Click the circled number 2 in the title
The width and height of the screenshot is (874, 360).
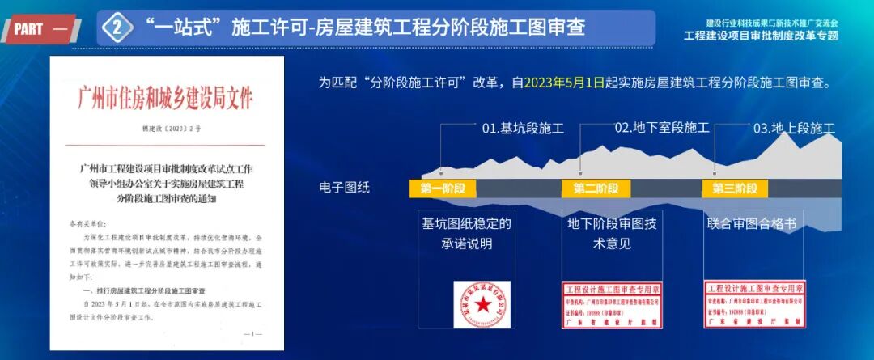point(118,28)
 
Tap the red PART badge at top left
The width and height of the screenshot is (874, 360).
point(40,29)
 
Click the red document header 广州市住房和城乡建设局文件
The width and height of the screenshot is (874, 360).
point(165,98)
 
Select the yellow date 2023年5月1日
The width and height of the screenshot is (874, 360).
point(564,83)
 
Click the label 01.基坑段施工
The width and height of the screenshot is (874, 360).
point(523,129)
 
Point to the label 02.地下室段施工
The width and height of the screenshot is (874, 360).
point(661,128)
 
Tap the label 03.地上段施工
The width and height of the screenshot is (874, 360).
point(793,129)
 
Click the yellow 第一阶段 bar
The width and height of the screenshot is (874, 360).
point(443,188)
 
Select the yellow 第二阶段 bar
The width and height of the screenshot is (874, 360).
point(596,188)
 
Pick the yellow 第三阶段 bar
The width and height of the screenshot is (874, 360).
point(735,188)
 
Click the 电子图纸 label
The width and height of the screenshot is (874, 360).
point(345,188)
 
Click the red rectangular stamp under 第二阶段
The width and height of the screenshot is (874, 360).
point(612,305)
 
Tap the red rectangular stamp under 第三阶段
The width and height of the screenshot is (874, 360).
point(754,304)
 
